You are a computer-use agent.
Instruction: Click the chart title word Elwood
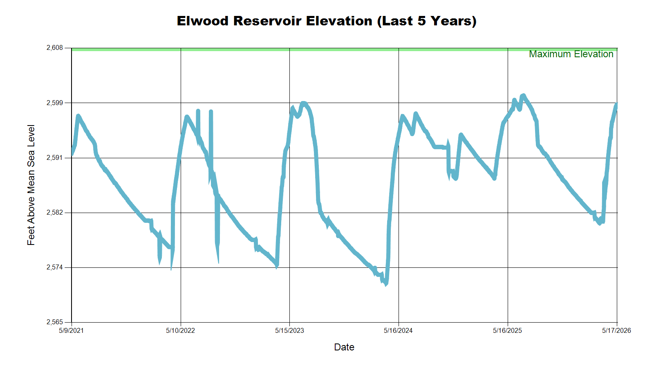tap(203, 21)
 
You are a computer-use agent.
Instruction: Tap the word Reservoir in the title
tap(267, 21)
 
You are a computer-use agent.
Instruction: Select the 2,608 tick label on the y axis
tap(55, 47)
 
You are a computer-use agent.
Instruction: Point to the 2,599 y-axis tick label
tap(55, 103)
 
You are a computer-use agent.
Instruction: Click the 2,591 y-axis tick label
tap(55, 158)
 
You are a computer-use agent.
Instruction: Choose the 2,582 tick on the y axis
tap(55, 212)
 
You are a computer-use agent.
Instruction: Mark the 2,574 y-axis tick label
tap(55, 267)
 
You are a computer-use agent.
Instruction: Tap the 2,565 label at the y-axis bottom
tap(55, 322)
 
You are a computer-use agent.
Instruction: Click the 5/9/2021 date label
tap(71, 331)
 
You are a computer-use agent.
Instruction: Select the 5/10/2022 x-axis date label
tap(180, 331)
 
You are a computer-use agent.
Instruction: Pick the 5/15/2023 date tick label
tap(289, 331)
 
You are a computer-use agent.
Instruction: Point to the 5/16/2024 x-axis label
tap(398, 331)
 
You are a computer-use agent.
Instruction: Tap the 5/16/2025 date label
tap(507, 331)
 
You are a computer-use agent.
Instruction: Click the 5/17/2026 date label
tap(616, 331)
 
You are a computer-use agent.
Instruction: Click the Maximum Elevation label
tap(571, 54)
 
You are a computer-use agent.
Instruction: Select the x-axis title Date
tap(344, 347)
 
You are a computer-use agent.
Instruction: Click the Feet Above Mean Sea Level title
tap(31, 185)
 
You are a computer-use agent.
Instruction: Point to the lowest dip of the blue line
tap(386, 284)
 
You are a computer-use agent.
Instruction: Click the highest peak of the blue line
tap(523, 95)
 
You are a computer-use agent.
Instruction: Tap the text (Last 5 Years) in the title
tap(427, 21)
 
